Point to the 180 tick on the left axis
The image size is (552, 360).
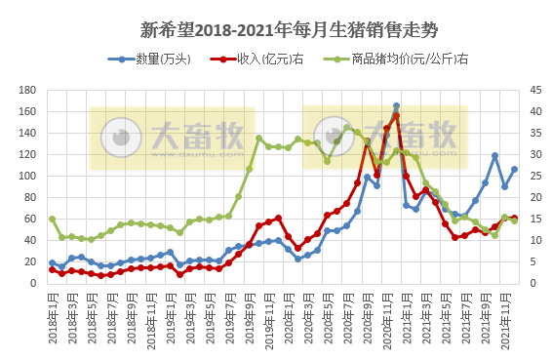tap(27, 91)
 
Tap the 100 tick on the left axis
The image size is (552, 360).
tap(27, 177)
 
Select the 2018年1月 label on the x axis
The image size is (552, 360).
tap(52, 314)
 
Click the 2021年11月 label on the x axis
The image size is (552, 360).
tap(505, 314)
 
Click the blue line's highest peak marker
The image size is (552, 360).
tap(396, 106)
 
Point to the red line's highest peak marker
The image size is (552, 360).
tap(396, 115)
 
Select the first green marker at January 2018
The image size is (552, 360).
tap(52, 219)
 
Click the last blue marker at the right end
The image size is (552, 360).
tap(515, 170)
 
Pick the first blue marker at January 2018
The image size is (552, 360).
tap(52, 262)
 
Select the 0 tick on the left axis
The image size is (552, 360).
tap(33, 284)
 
